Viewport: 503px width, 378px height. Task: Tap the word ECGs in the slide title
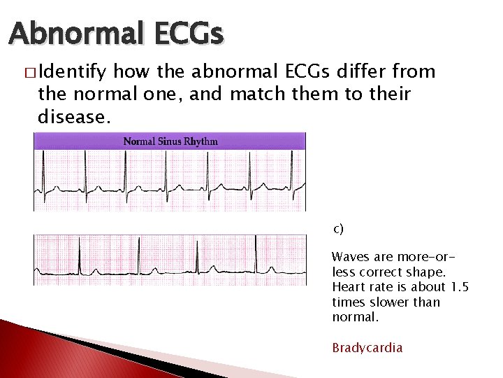point(189,33)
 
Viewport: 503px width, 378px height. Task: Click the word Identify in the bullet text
point(73,71)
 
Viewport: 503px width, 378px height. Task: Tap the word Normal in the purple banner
point(138,141)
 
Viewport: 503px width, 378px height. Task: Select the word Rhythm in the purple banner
point(202,141)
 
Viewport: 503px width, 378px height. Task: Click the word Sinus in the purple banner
point(169,141)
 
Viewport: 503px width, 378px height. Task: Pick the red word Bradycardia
point(367,348)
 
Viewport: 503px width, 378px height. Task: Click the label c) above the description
point(337,228)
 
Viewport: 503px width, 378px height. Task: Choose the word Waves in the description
point(348,257)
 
